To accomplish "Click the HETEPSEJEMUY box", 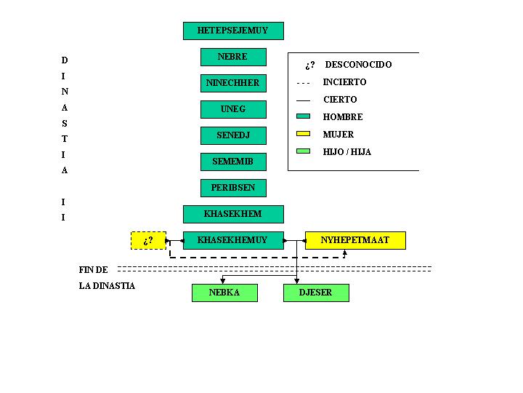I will point(233,31).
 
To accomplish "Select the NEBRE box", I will point(233,57).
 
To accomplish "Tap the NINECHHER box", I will point(233,83).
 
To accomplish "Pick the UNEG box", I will point(233,109).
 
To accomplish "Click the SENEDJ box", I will point(233,135).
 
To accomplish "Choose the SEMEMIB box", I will point(233,162).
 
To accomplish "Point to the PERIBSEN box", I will point(233,188).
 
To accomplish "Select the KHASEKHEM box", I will point(233,214).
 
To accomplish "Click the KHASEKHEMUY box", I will point(233,240).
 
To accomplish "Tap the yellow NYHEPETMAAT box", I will point(355,240).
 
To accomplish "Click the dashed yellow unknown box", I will point(148,240).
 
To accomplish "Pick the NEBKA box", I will point(224,293).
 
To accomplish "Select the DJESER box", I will point(316,293).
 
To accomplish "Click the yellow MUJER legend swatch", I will point(304,134).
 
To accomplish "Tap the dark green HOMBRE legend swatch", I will point(304,116).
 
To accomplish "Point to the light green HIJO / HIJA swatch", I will point(304,151).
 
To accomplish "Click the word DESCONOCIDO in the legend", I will point(358,65).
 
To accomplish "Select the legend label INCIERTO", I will point(345,82).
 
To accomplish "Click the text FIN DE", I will point(94,269).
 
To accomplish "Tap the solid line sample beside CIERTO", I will point(304,100).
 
